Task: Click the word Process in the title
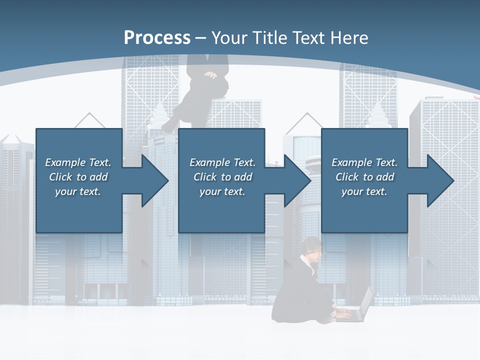[x=157, y=38]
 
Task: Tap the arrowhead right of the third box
[x=439, y=180]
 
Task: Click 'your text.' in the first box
[x=77, y=191]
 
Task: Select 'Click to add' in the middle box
[x=222, y=177]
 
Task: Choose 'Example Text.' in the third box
[x=364, y=162]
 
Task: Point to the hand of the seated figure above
[x=211, y=75]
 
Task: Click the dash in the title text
[x=201, y=38]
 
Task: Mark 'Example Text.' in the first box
[x=78, y=162]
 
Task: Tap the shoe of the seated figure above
[x=168, y=127]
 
